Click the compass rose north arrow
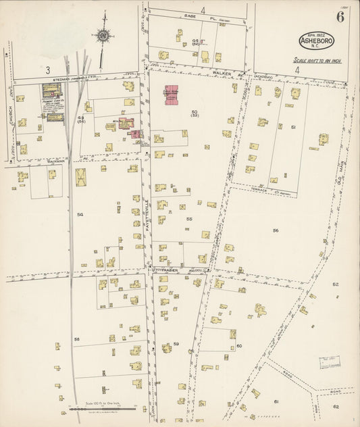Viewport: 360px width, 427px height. [103, 36]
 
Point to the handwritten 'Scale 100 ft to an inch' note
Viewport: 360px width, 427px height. [318, 60]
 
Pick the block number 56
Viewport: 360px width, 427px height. [276, 230]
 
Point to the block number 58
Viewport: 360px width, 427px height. [77, 338]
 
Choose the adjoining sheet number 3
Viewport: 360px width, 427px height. [48, 70]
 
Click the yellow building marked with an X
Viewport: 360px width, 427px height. [81, 178]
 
